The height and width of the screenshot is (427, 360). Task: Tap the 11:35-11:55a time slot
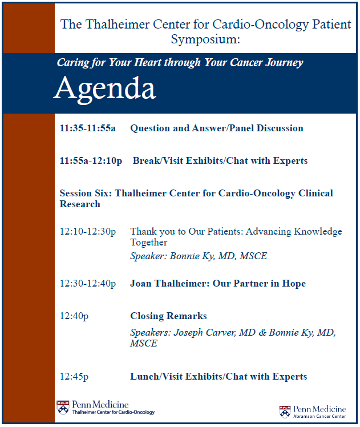(87, 128)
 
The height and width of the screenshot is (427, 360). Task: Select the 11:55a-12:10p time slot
(91, 161)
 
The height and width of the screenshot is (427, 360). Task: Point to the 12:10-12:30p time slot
(87, 231)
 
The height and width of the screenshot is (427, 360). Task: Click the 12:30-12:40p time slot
(87, 284)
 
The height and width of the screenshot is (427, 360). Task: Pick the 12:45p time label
(74, 377)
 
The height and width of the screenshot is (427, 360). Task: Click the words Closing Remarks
(168, 316)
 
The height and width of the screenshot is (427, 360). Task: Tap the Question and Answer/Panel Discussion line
(217, 128)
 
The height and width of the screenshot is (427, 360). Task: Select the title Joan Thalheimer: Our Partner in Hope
(218, 284)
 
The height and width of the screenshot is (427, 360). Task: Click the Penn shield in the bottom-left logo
(63, 408)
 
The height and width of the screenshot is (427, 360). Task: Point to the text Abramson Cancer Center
(320, 417)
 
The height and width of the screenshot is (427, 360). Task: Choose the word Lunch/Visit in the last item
(153, 377)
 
